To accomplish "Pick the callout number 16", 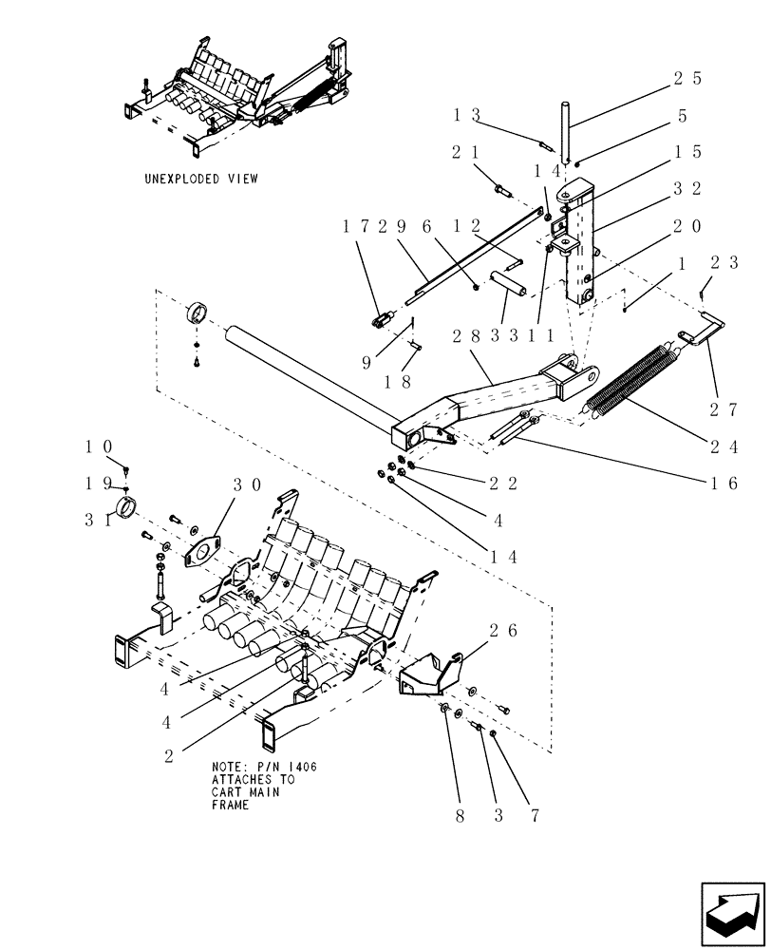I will coord(723,483).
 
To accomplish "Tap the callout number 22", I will coord(504,484).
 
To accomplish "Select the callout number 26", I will coord(504,630).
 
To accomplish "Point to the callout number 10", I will coord(100,446).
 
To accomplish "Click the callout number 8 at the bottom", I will coord(461,814).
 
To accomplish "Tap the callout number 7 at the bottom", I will coord(535,814).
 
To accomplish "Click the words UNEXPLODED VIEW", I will coord(200,179).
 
